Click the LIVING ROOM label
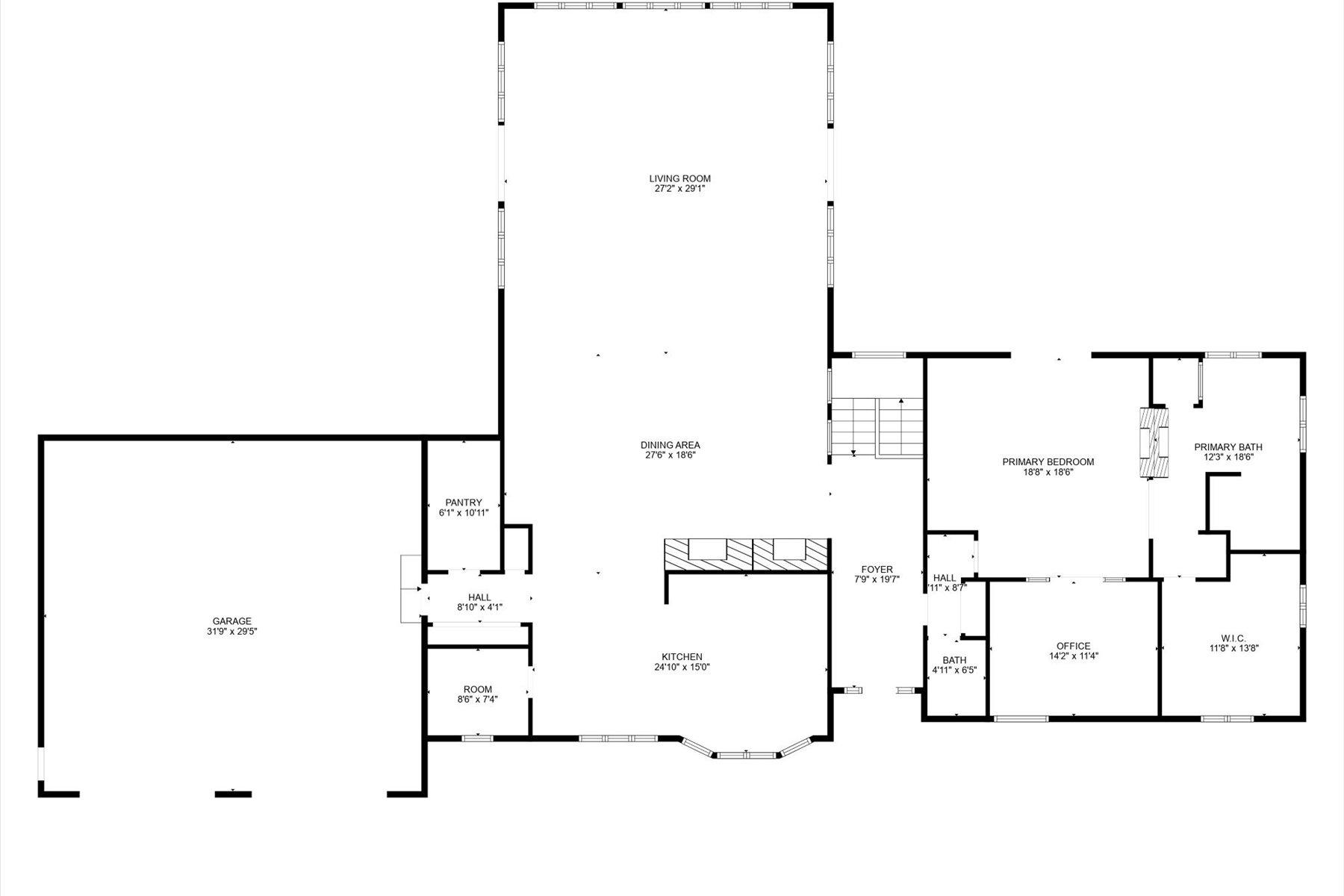[679, 178]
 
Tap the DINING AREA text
[671, 445]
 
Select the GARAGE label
[231, 621]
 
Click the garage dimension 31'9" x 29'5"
[231, 632]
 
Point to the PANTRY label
[463, 503]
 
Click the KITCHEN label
[681, 657]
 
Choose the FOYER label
[877, 569]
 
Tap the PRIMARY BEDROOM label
[1048, 461]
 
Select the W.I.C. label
[1233, 638]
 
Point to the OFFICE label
[1073, 646]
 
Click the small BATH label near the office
[953, 660]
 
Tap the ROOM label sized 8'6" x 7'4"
[477, 689]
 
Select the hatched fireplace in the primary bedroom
[1154, 442]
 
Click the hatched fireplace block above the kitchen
[746, 555]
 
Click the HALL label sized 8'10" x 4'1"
[479, 597]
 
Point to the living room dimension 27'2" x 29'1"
[679, 189]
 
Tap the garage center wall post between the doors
[233, 794]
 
